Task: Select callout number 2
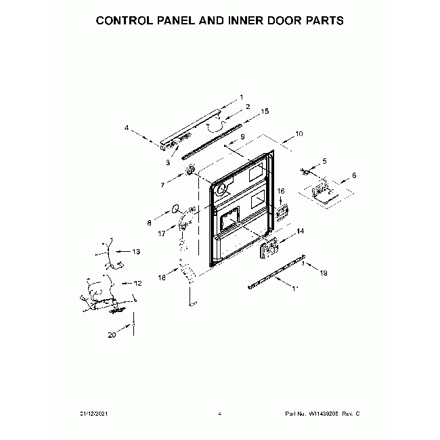pyautogui.click(x=248, y=106)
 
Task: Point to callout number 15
pyautogui.click(x=265, y=110)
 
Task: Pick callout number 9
pyautogui.click(x=242, y=137)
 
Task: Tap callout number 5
pyautogui.click(x=324, y=160)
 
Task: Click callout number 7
pyautogui.click(x=162, y=184)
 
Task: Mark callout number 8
pyautogui.click(x=150, y=221)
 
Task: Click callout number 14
pyautogui.click(x=301, y=231)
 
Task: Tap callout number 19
pyautogui.click(x=324, y=272)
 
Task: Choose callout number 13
pyautogui.click(x=135, y=252)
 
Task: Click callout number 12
pyautogui.click(x=137, y=283)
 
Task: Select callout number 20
pyautogui.click(x=112, y=334)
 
